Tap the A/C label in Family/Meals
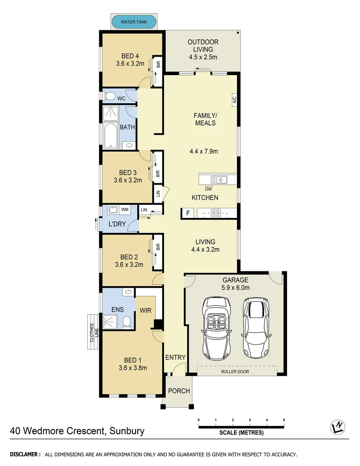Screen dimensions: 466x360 tap(234, 100)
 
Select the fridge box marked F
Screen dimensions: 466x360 tap(187, 213)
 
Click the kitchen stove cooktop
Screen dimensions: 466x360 tap(216, 212)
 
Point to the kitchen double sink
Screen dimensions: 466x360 tap(219, 179)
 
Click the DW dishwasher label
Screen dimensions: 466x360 tap(208, 189)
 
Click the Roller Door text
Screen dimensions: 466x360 tap(235, 371)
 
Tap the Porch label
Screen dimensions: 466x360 tap(179, 391)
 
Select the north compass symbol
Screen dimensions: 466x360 tap(337, 427)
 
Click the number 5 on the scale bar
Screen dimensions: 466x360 tap(284, 420)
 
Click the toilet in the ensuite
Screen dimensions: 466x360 tap(126, 322)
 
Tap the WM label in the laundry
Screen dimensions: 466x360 tap(125, 210)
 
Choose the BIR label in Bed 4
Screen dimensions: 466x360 tap(158, 65)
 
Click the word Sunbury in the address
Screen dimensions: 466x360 tap(127, 431)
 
